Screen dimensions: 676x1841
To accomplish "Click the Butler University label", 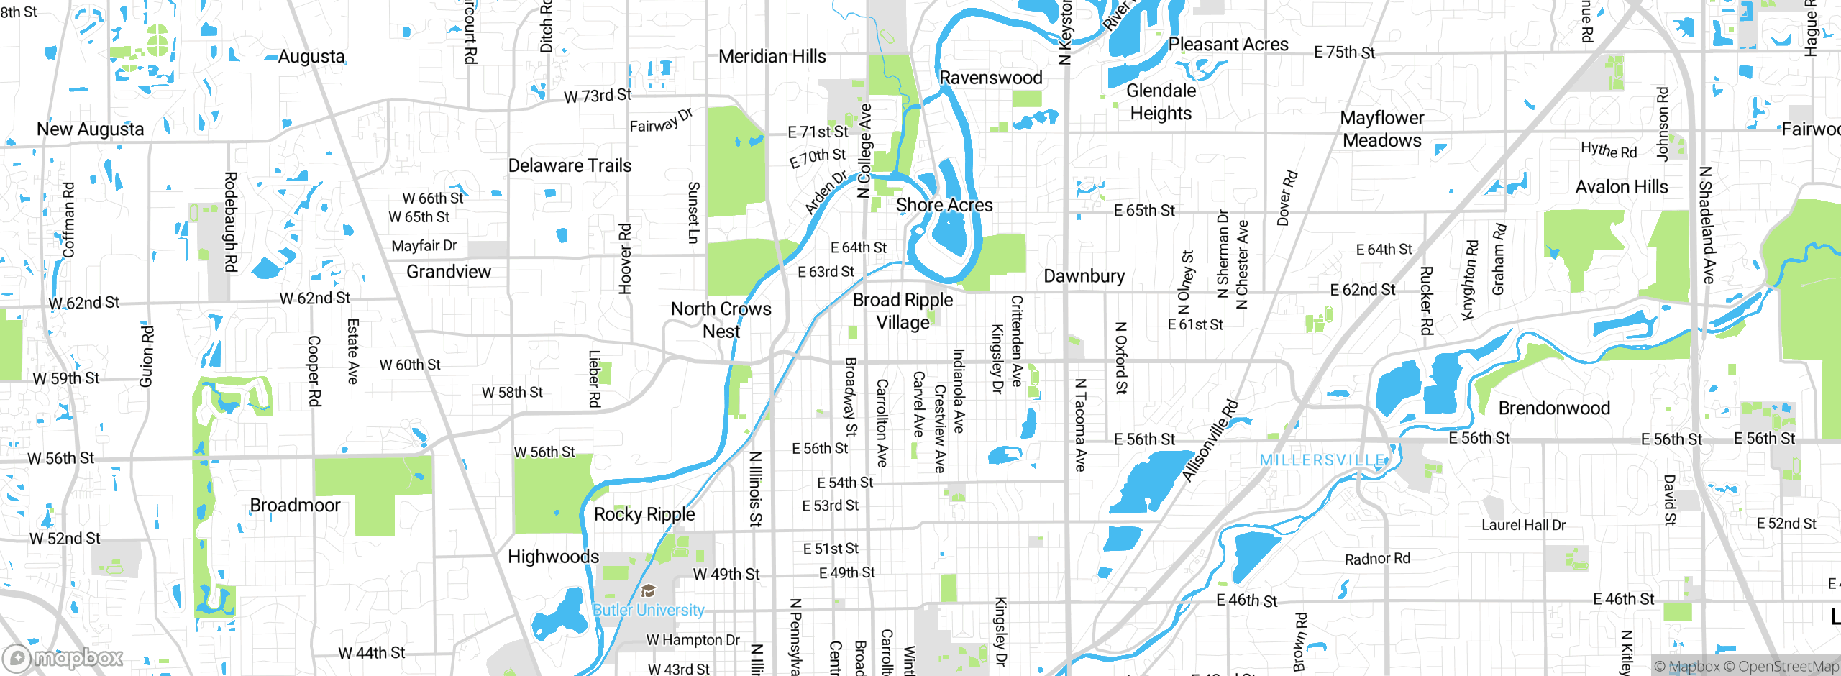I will [x=648, y=610].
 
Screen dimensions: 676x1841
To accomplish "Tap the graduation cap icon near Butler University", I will [x=648, y=591].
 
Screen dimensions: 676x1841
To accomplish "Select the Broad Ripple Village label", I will [x=903, y=311].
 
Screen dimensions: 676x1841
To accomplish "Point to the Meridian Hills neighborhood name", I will [x=772, y=56].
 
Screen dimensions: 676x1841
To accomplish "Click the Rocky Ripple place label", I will [x=644, y=514].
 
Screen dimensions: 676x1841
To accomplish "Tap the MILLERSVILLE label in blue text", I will [x=1322, y=460].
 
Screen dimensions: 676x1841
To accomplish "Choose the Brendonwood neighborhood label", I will [x=1554, y=408].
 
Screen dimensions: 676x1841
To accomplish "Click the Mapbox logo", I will [x=63, y=657].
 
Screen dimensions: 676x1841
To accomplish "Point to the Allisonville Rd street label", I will [x=1210, y=440].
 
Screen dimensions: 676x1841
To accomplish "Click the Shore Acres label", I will [x=944, y=205].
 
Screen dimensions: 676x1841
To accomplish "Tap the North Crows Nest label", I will [x=721, y=320].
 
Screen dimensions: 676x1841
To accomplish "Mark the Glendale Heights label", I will [x=1161, y=102].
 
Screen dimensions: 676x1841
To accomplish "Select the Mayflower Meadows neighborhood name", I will [x=1382, y=129].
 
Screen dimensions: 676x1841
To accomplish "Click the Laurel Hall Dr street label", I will [x=1523, y=525].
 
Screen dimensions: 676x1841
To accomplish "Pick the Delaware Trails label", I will [x=570, y=165].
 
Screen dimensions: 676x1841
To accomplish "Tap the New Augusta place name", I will [x=91, y=129].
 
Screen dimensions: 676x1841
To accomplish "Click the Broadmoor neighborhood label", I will [x=295, y=505].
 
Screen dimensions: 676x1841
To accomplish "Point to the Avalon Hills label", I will [x=1622, y=187].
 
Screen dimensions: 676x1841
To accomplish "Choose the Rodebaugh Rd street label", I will [x=230, y=221].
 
